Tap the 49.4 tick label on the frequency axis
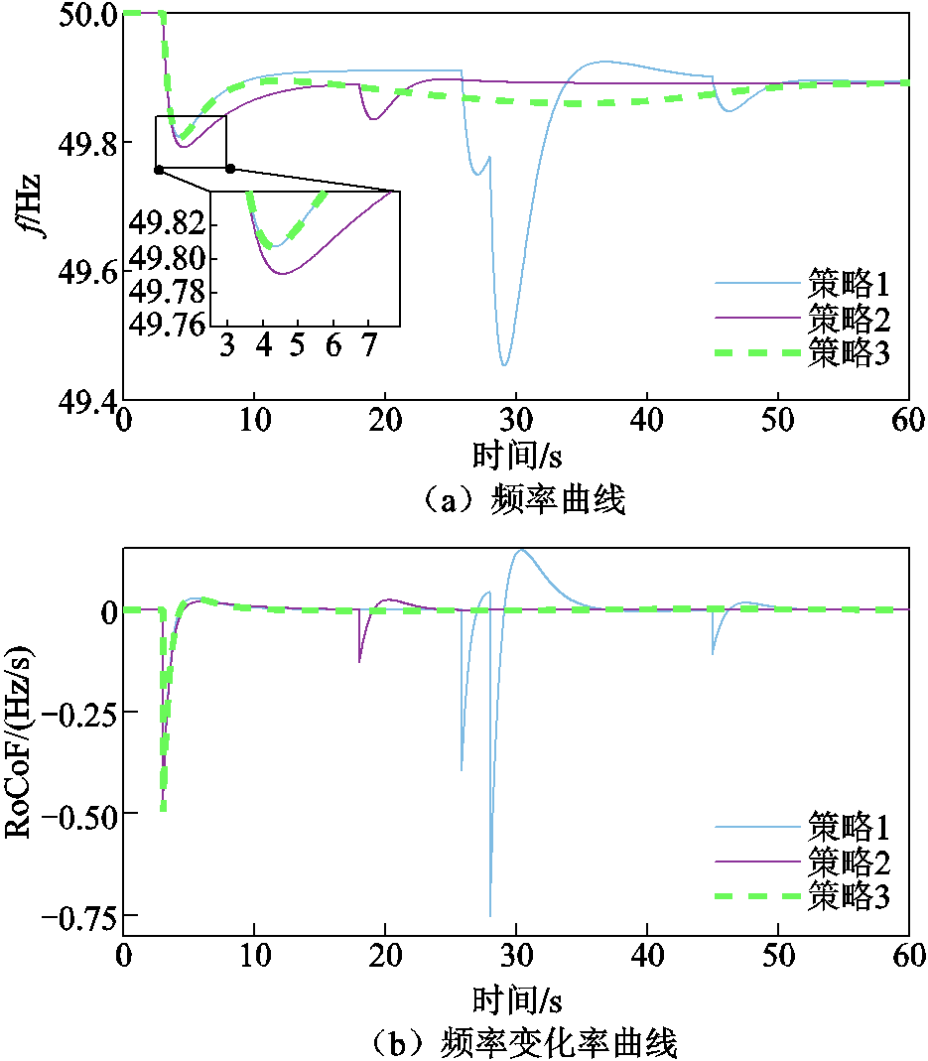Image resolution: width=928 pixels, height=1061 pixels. [x=84, y=400]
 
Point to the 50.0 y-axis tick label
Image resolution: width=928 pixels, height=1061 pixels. [x=84, y=14]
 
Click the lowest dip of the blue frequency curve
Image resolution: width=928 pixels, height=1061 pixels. [x=504, y=365]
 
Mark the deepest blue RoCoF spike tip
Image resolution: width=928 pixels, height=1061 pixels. [x=490, y=915]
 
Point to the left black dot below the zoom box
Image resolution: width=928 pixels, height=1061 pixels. [x=159, y=170]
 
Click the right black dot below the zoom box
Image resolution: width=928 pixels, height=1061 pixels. [x=230, y=169]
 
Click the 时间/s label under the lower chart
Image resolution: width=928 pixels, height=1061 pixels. [x=516, y=995]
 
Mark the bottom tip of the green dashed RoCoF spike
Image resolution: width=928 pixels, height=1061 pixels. [x=163, y=809]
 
